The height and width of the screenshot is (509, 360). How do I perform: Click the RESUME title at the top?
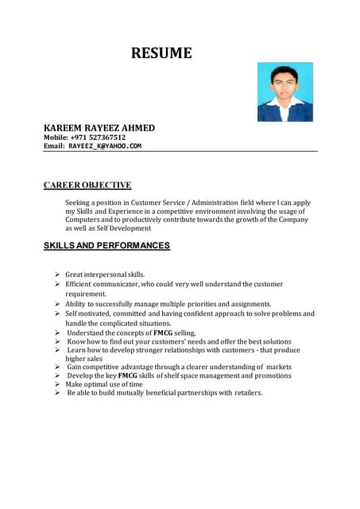161,54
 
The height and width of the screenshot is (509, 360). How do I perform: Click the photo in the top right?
285,92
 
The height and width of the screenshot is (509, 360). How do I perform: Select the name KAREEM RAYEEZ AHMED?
99,128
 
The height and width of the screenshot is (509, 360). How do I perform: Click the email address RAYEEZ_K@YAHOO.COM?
104,146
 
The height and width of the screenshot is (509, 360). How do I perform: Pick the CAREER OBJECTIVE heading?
87,185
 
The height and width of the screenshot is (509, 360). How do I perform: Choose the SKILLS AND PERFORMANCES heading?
106,246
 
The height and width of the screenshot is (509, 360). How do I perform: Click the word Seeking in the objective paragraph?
78,203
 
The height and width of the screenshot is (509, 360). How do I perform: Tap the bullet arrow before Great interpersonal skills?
58,274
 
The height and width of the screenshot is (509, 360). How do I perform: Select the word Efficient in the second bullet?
80,284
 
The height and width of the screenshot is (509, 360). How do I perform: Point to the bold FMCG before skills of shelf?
128,375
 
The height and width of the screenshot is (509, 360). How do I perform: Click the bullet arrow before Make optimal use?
58,384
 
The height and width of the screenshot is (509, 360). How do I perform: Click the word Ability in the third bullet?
76,304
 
